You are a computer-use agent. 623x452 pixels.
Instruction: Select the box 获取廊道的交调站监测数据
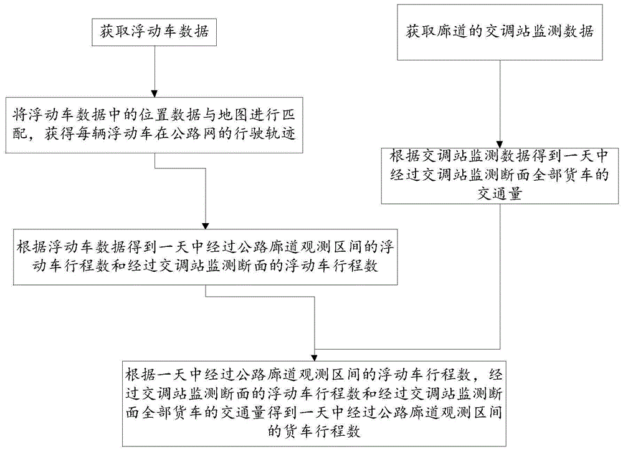[x=501, y=31]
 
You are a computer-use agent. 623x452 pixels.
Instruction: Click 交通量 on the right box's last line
[x=500, y=193]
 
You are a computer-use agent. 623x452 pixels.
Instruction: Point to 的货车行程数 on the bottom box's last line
[x=314, y=431]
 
